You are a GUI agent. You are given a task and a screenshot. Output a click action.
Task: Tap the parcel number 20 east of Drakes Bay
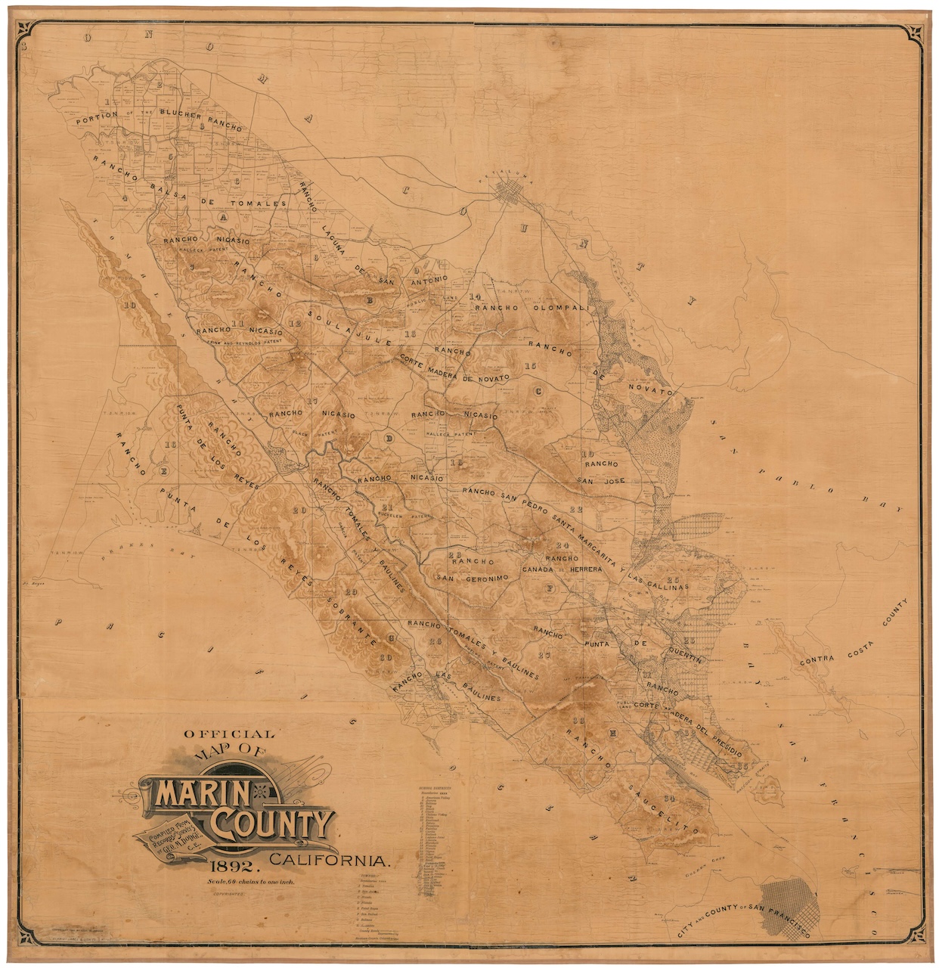coord(300,510)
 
